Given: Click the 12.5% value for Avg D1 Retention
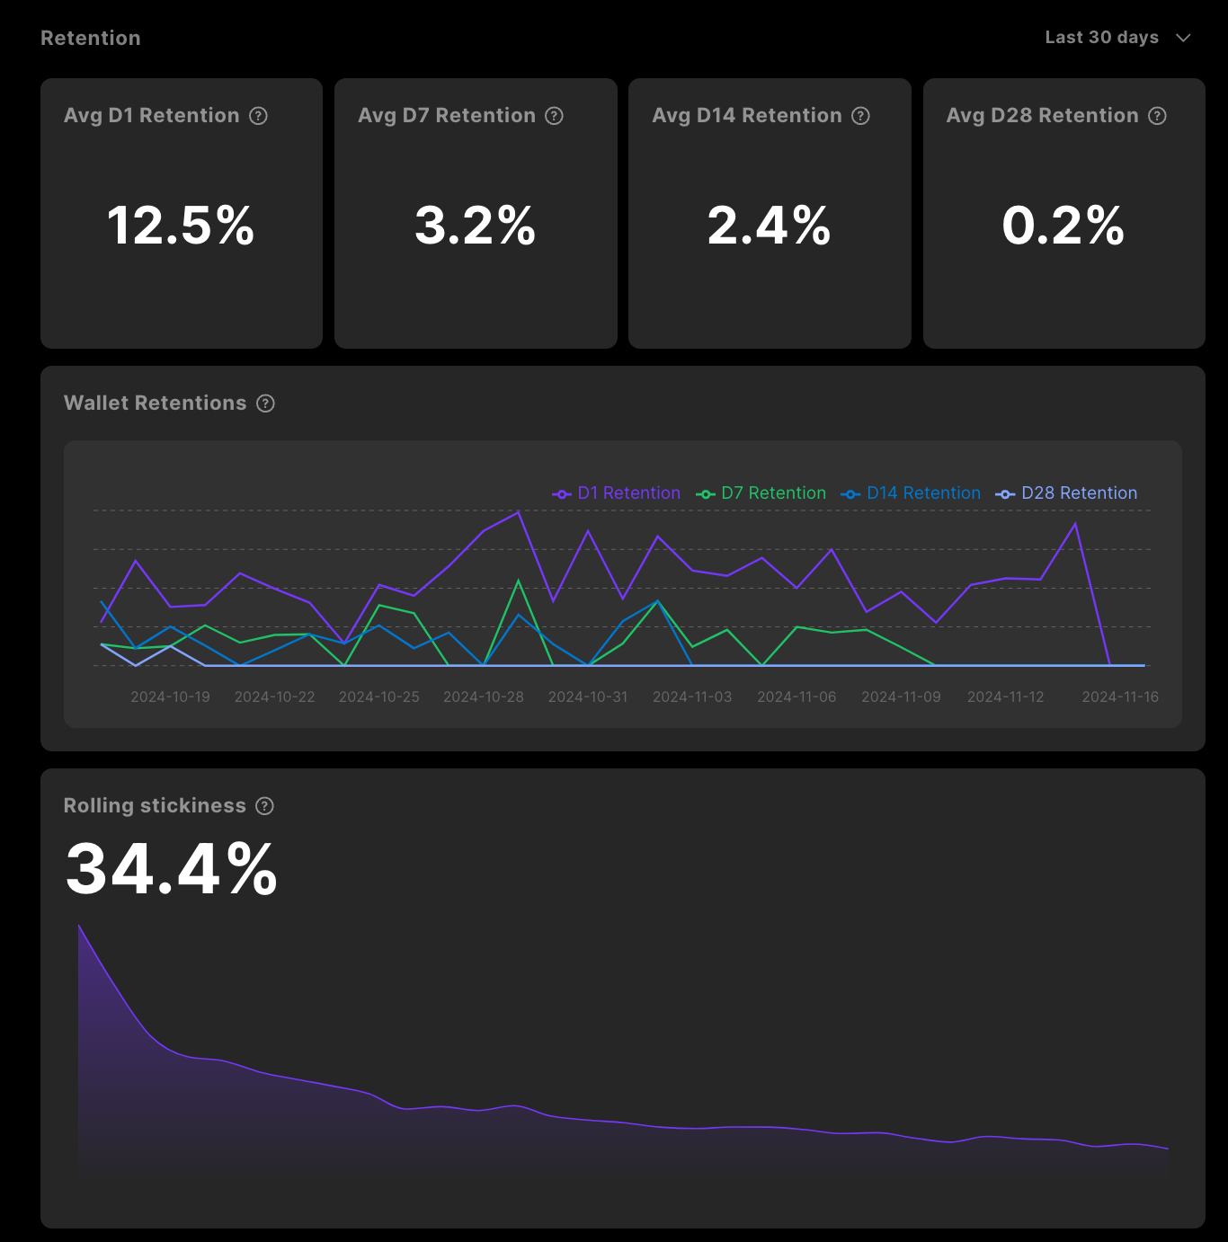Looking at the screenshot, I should [181, 226].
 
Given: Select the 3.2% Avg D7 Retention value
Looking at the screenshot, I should [475, 226].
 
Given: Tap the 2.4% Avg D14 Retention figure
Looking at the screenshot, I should [769, 226].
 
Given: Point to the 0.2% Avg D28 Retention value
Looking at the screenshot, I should [1063, 226].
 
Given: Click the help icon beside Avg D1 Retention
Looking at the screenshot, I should [259, 116].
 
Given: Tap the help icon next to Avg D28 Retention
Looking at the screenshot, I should [1158, 116].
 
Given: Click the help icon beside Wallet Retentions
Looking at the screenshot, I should [265, 404].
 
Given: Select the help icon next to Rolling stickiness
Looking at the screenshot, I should [264, 806].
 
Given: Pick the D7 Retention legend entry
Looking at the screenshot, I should [761, 493].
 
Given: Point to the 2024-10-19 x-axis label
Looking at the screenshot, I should [170, 697].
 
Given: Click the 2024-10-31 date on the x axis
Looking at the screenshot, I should [588, 697].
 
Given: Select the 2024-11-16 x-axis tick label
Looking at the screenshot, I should [1120, 697].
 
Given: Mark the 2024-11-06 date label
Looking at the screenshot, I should [796, 697].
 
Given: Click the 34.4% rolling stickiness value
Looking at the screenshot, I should [172, 869].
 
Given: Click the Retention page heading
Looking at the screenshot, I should [91, 38].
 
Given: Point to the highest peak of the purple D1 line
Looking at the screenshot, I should [519, 512].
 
